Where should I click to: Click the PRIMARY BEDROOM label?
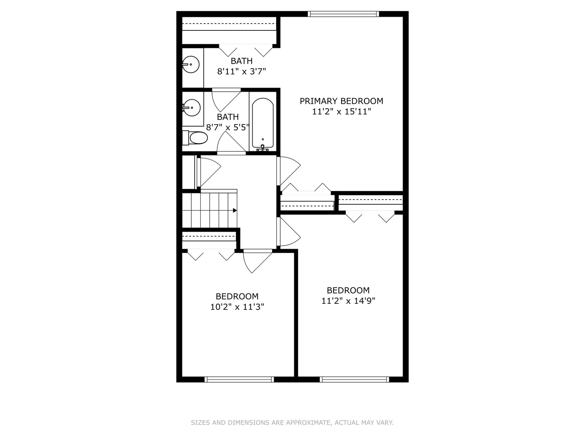(341, 101)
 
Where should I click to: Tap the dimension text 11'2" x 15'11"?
(341, 112)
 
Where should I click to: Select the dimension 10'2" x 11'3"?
(237, 307)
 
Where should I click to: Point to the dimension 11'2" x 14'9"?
(348, 301)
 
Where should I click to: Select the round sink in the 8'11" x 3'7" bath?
(191, 64)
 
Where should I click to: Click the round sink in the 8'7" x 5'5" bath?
(191, 108)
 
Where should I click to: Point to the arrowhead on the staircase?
(235, 210)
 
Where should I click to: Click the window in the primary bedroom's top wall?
(343, 14)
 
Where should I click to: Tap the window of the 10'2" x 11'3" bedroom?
(239, 380)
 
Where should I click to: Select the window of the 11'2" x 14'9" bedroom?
(355, 380)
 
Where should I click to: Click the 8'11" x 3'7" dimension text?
(241, 71)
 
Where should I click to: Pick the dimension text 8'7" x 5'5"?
(227, 127)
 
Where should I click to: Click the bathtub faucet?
(263, 148)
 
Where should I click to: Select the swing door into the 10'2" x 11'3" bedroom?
(258, 262)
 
